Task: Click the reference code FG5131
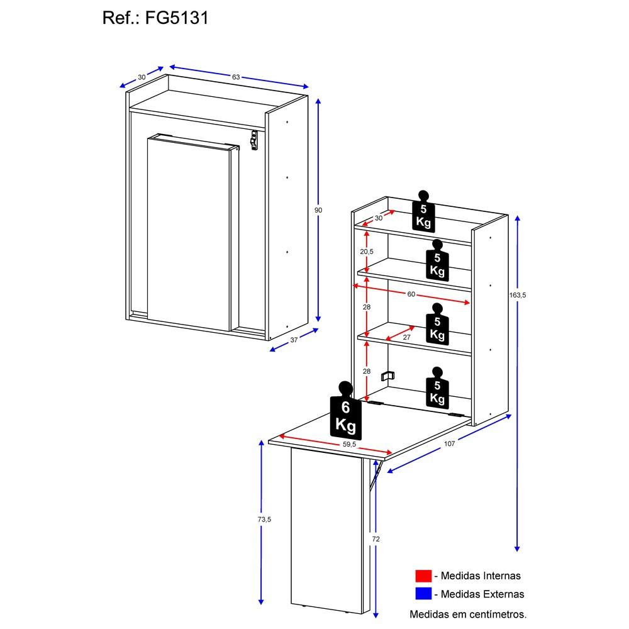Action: tap(177, 18)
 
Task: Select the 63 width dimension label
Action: tap(236, 77)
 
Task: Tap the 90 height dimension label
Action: tap(319, 210)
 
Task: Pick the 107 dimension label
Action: tap(448, 443)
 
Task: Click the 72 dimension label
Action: tap(376, 539)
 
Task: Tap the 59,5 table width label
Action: tap(350, 444)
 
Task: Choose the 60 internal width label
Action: tap(411, 294)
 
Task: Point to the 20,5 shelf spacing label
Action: tap(367, 252)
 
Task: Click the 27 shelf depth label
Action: tap(406, 337)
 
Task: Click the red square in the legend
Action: tap(423, 576)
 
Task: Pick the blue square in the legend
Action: tap(423, 594)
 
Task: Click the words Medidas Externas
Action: tap(482, 594)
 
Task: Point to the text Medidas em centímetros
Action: tap(468, 613)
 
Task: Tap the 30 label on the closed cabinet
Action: tap(142, 77)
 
